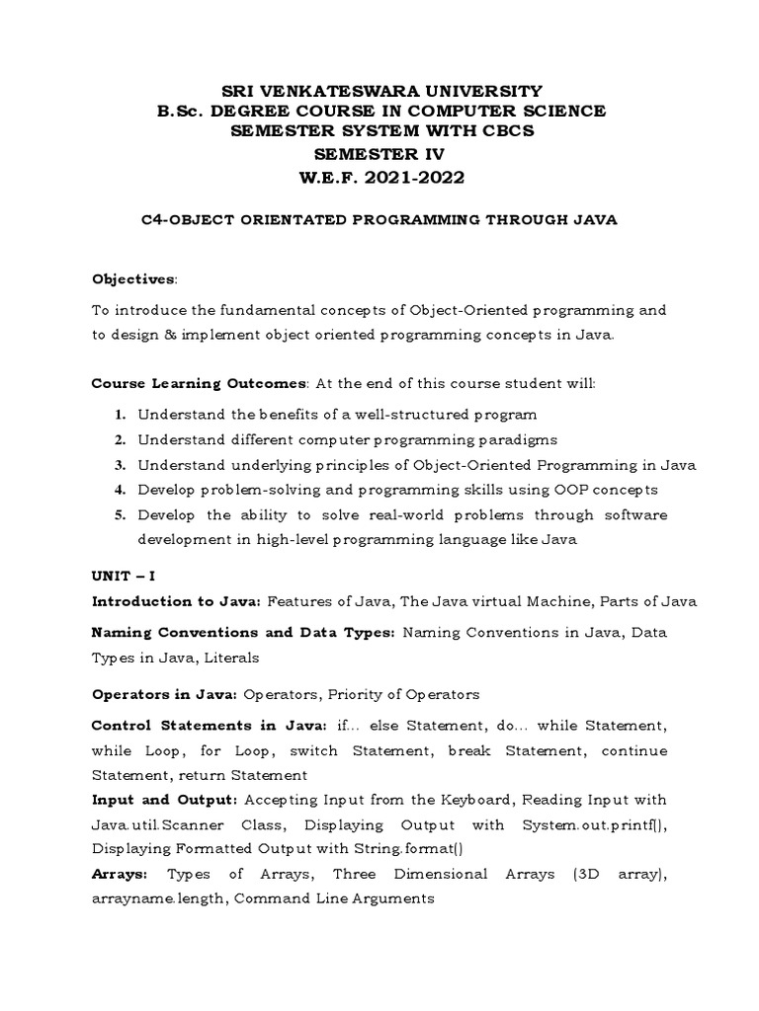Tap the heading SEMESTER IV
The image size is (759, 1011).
click(379, 155)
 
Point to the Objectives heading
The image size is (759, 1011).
click(133, 278)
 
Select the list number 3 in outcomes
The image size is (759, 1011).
click(118, 465)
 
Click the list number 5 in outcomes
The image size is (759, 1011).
click(118, 515)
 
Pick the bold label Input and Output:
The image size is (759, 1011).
click(165, 800)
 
